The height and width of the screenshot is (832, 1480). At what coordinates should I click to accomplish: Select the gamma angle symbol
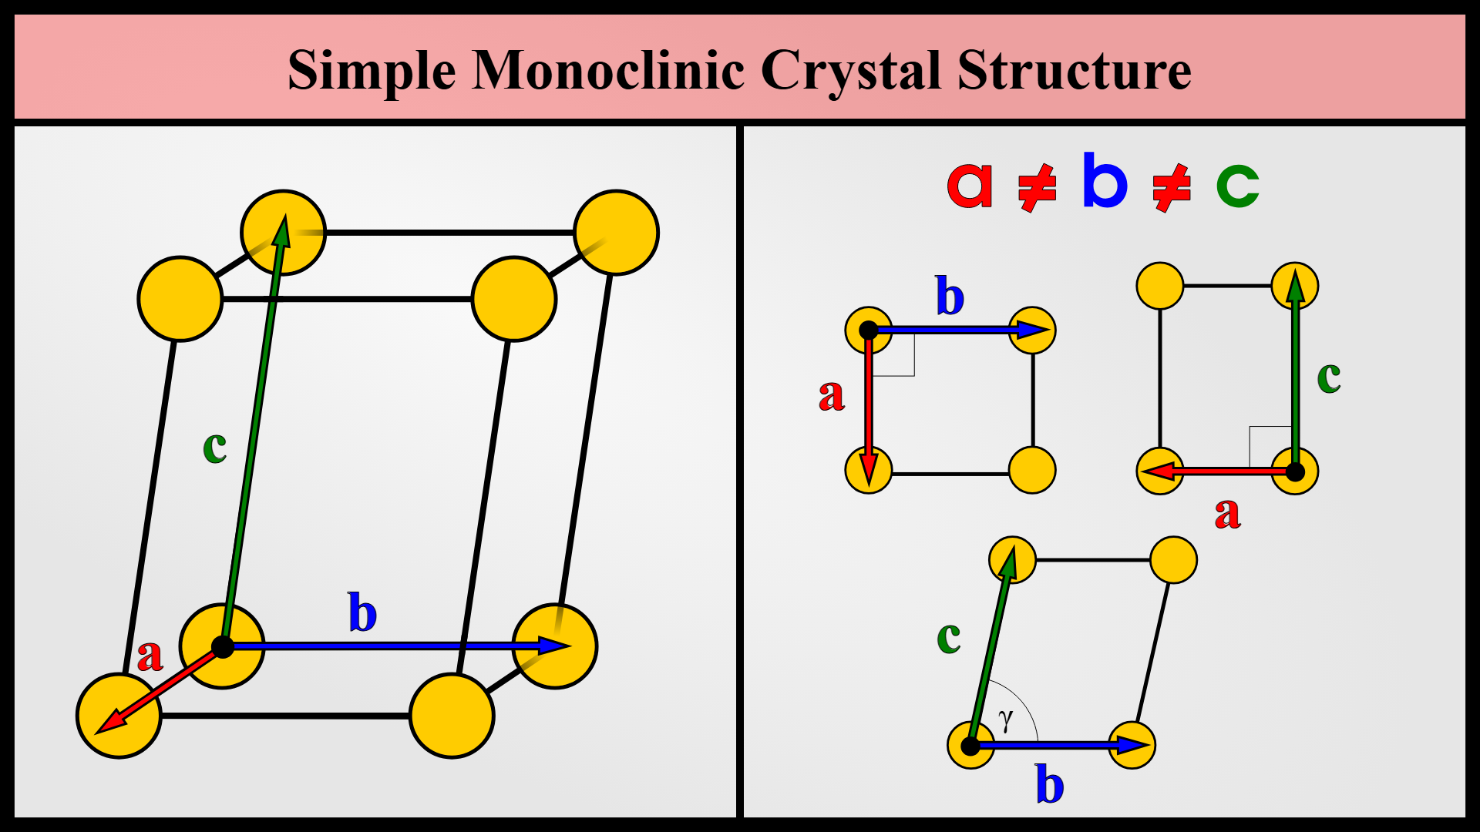coord(1005,720)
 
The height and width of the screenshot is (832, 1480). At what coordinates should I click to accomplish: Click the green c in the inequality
coord(1237,185)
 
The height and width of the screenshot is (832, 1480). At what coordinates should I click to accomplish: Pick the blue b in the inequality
coord(1105,180)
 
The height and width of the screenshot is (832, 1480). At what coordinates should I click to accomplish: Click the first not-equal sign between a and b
coord(1037,187)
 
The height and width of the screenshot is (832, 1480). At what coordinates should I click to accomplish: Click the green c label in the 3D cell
coord(215,446)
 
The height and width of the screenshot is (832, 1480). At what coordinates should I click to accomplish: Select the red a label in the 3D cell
coord(150,656)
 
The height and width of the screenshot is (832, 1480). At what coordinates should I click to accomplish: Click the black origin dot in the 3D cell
coord(223,646)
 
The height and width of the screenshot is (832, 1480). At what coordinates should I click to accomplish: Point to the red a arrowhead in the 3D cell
coord(109,723)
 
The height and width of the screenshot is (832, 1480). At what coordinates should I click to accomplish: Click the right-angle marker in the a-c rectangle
coord(1270,445)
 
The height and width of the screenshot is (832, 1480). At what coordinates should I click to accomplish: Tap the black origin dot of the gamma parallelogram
coord(970,745)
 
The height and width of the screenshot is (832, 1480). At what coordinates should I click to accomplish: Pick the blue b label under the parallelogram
coord(1050,785)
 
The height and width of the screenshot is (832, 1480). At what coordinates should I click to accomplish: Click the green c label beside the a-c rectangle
coord(1329,377)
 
